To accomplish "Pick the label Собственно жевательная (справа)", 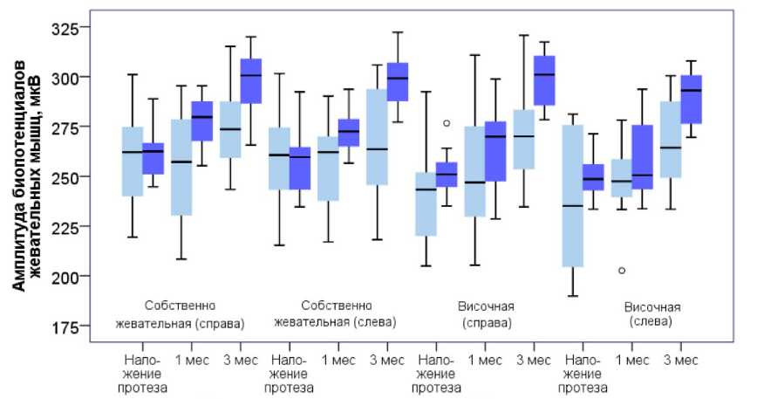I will pyautogui.click(x=181, y=313).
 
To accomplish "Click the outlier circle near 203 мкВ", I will pyautogui.click(x=620, y=271).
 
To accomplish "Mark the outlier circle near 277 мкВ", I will pyautogui.click(x=447, y=123).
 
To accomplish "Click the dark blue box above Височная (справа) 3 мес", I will pyautogui.click(x=544, y=80).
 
